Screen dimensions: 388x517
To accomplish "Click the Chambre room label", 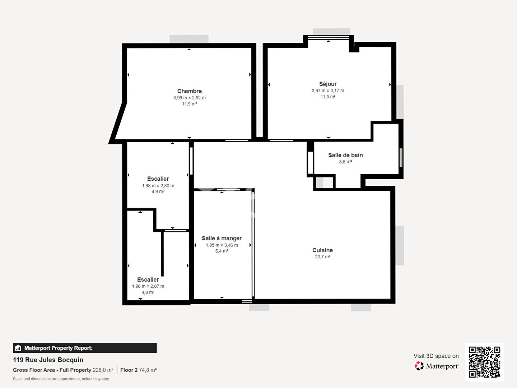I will click(189, 91).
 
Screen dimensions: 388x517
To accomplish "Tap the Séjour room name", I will click(328, 84).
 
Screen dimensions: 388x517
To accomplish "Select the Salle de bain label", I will click(345, 155).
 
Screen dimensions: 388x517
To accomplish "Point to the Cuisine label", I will click(322, 250).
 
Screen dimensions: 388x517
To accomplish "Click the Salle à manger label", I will click(222, 238).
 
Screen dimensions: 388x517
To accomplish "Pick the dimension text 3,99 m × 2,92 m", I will click(189, 98).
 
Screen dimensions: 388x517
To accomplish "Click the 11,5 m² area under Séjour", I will click(328, 97).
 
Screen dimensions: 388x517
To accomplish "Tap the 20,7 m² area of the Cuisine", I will click(322, 257).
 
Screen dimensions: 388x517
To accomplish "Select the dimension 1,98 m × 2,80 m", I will click(158, 186).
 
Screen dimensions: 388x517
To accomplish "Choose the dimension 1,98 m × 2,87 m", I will click(148, 286).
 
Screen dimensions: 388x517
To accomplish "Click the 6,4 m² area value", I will click(222, 251).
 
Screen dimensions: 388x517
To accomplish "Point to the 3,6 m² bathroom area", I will click(345, 162).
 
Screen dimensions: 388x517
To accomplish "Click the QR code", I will click(484, 362).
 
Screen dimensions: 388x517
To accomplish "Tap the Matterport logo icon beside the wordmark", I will click(419, 366).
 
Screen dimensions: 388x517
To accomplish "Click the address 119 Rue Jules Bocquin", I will click(48, 360).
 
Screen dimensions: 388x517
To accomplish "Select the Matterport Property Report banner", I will click(85, 348).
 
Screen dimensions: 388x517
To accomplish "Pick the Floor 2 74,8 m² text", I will click(138, 370).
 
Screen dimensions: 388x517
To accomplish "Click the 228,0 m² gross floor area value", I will click(103, 370).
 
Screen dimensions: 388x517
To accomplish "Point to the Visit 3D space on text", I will click(436, 356).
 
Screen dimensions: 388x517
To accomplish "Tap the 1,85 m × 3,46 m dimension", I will click(222, 245).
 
